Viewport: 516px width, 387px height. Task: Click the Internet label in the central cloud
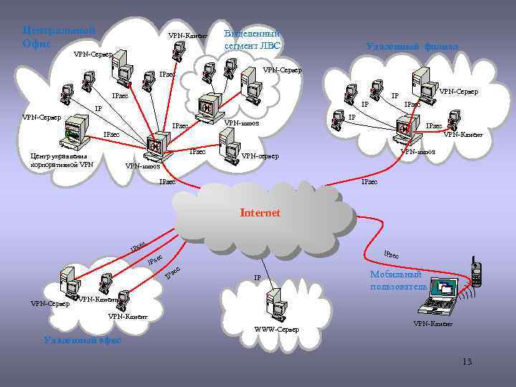(x=260, y=213)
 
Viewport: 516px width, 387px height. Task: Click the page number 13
(x=467, y=361)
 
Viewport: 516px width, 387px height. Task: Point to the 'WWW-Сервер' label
(x=277, y=330)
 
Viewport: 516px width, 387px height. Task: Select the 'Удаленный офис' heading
(x=82, y=340)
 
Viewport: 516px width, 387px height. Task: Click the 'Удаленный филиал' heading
(x=412, y=47)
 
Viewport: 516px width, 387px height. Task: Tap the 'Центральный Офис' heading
(x=58, y=37)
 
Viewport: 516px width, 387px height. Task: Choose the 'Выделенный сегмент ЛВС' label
(x=252, y=40)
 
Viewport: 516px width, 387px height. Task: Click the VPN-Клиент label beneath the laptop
(x=433, y=325)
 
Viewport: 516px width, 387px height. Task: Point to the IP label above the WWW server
(x=257, y=277)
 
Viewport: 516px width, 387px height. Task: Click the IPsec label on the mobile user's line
(x=396, y=254)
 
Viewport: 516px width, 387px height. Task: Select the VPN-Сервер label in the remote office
(x=49, y=303)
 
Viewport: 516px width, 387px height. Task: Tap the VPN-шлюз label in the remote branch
(x=418, y=151)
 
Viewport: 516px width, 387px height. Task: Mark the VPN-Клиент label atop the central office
(x=188, y=36)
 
